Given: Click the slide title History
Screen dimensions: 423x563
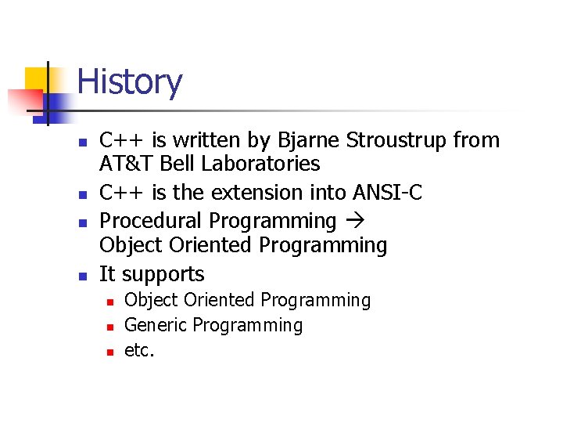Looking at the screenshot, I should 130,82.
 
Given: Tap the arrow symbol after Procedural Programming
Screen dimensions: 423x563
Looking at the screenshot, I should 353,222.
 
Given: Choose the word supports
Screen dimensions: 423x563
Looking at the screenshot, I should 163,274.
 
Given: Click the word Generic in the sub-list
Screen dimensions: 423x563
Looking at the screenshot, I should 156,325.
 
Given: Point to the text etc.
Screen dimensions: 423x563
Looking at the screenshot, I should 140,350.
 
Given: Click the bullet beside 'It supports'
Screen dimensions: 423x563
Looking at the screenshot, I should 81,276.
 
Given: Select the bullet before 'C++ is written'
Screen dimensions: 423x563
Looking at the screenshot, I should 81,142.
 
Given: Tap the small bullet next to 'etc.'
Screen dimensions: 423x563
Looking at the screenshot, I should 110,352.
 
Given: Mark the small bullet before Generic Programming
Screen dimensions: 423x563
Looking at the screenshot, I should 110,327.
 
